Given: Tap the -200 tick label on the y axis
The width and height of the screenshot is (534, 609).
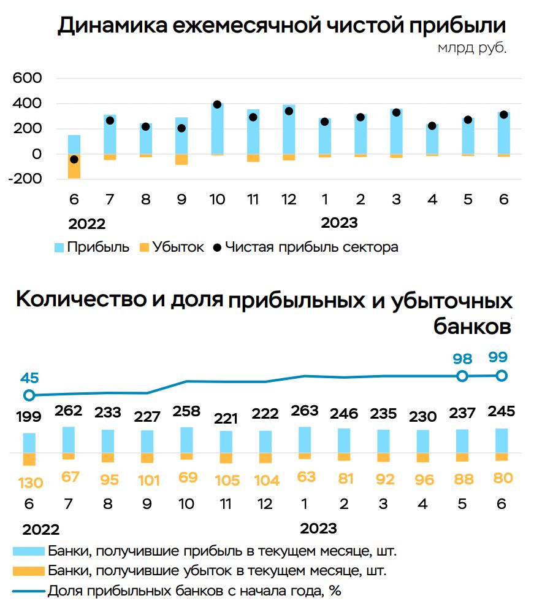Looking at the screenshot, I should pyautogui.click(x=25, y=179).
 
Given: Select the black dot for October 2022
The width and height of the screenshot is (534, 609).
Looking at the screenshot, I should pyautogui.click(x=217, y=105).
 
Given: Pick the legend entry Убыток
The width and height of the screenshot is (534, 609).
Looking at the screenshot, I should pyautogui.click(x=178, y=247).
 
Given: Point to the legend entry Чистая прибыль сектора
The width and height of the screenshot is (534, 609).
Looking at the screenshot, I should pyautogui.click(x=311, y=247).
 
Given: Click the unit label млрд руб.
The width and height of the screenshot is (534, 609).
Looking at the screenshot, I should pyautogui.click(x=472, y=48).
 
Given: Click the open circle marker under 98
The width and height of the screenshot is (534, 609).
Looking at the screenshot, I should pyautogui.click(x=462, y=376).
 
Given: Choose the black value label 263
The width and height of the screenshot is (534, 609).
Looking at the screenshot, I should pyautogui.click(x=304, y=410).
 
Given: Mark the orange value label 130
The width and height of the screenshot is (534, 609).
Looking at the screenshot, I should pyautogui.click(x=29, y=483).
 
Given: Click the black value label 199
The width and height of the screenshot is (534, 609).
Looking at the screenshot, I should pyautogui.click(x=29, y=417).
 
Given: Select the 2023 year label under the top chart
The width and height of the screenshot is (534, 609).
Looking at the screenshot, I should pyautogui.click(x=339, y=222).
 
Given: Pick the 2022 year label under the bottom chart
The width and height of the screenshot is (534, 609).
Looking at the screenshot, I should pyautogui.click(x=41, y=530).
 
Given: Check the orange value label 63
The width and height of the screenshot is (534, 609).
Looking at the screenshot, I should pyautogui.click(x=304, y=477).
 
